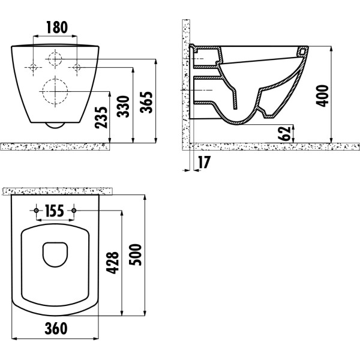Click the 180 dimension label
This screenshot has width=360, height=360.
[x=57, y=28]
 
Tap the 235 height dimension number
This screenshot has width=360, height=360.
[x=101, y=118]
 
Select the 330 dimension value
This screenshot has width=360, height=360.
[x=123, y=107]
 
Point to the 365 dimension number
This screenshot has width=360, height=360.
[x=146, y=103]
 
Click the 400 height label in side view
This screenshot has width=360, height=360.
[x=322, y=96]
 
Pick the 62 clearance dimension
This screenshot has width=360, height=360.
[x=284, y=133]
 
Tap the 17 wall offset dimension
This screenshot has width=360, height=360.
[x=204, y=163]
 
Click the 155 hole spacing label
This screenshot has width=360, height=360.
[x=55, y=211]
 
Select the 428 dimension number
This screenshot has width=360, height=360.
[x=113, y=263]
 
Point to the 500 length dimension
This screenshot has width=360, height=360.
[x=135, y=255]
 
